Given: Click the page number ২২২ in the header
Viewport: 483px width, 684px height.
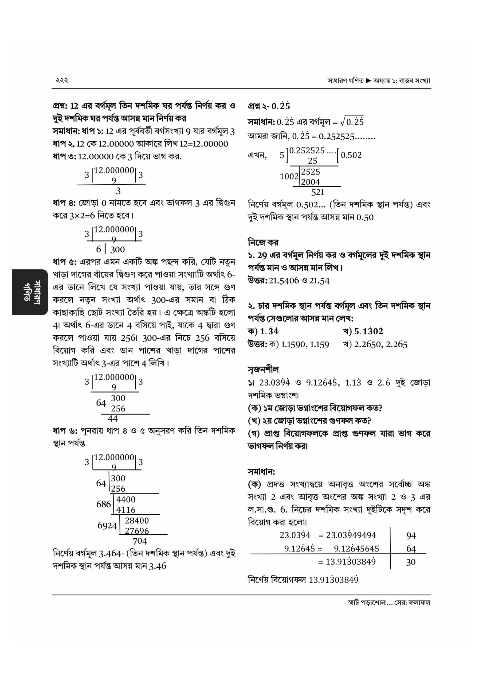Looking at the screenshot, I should (62, 80).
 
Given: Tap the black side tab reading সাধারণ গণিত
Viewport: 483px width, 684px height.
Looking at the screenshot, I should (30, 292).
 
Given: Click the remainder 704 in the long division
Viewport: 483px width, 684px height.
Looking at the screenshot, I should (140, 541).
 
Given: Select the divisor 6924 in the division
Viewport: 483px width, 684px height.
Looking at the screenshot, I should (107, 526).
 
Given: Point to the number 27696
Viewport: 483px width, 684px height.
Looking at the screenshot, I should (137, 531).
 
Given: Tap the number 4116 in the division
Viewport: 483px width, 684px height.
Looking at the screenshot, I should (126, 510).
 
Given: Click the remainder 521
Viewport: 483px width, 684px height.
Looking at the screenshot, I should (317, 192).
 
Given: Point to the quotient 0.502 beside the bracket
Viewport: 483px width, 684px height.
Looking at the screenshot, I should (351, 155).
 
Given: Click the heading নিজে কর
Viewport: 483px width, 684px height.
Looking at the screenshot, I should (263, 243).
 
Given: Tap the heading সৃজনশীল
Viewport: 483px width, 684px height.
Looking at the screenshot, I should (263, 370).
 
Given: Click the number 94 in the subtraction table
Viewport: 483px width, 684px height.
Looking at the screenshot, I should (411, 536).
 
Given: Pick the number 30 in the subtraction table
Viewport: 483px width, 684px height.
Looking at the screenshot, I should (411, 562).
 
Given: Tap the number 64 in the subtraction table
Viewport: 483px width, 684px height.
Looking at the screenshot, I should (411, 549).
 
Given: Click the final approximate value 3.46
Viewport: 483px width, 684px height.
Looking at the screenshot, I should (157, 566).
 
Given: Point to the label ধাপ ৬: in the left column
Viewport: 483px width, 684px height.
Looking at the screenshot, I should (65, 431).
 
